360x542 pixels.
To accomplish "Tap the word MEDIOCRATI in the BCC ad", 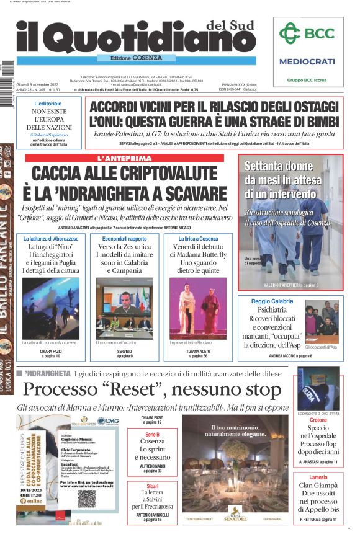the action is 307,61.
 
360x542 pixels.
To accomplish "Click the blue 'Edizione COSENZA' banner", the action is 130,58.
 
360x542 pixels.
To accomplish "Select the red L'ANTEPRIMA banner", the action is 125,158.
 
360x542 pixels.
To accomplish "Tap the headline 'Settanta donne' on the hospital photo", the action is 278,166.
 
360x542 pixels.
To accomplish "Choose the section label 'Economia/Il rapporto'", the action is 125,239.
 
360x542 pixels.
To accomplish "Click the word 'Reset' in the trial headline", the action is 128,389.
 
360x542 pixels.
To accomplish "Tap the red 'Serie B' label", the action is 152,435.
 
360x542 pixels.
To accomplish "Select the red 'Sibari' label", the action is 152,488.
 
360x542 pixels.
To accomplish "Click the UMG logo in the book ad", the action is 107,421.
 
